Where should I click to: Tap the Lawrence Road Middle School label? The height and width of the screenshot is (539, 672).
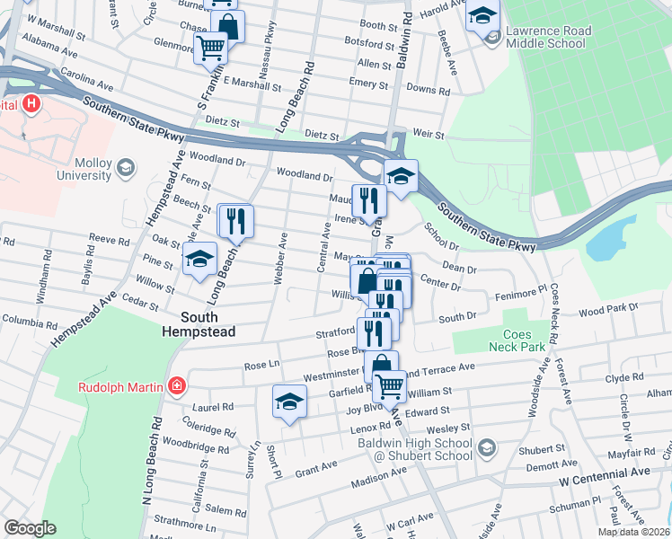click(x=548, y=37)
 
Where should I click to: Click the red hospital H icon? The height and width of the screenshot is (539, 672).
click(x=31, y=104)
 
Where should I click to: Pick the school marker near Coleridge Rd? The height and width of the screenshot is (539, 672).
click(x=289, y=402)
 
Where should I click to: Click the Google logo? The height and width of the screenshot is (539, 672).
click(x=30, y=527)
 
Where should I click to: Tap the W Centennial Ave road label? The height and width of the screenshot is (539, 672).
click(x=603, y=472)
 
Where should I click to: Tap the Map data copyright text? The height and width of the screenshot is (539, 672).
click(x=634, y=532)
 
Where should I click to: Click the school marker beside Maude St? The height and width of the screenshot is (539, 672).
click(x=401, y=176)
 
